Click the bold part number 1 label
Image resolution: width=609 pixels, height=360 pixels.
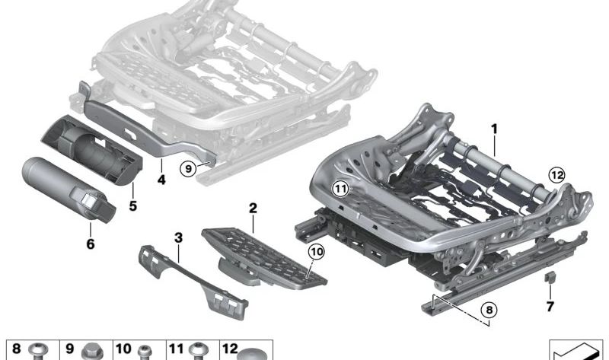click(x=494, y=129)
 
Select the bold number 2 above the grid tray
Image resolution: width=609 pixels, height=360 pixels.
click(x=253, y=208)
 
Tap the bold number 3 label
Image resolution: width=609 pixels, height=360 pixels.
click(x=178, y=237)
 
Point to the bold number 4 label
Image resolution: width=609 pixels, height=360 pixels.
click(x=161, y=180)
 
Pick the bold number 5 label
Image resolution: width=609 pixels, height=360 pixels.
click(x=132, y=205)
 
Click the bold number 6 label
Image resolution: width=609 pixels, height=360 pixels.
click(x=90, y=244)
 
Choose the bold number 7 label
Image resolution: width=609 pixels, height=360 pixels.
click(x=550, y=307)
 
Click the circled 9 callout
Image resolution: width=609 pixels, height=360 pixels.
click(x=188, y=169)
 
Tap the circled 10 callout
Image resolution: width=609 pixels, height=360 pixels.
click(x=317, y=252)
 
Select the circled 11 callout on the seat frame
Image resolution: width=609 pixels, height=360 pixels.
click(x=340, y=189)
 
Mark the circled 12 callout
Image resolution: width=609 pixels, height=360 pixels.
click(x=557, y=175)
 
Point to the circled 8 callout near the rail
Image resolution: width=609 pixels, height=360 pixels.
click(x=489, y=310)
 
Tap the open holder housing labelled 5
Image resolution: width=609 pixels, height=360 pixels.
click(x=92, y=149)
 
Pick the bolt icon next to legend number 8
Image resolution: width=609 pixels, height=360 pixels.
click(x=40, y=352)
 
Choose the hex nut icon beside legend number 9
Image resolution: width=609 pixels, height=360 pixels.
click(x=92, y=352)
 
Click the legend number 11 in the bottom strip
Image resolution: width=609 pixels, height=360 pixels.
click(x=176, y=349)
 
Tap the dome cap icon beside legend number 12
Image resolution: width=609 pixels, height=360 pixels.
click(x=253, y=355)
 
